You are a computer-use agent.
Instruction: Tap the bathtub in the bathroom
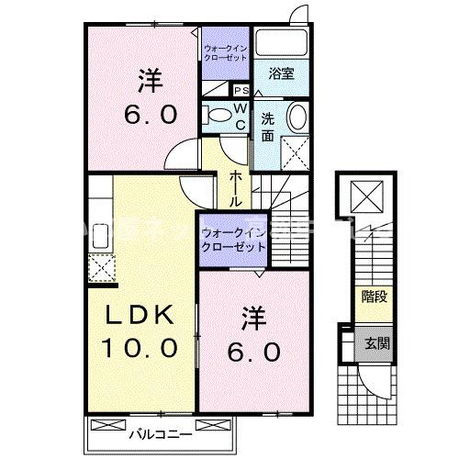282,44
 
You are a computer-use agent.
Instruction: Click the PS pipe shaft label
242,90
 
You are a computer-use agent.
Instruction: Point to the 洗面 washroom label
267,126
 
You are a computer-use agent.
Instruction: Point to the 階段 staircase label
373,298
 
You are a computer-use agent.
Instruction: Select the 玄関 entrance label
373,342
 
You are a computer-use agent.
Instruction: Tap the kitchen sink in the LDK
98,233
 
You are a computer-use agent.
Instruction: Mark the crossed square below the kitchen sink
99,267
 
